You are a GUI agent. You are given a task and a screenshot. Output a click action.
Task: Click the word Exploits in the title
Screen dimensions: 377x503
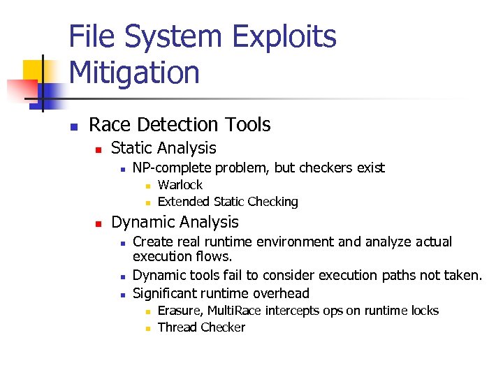point(285,38)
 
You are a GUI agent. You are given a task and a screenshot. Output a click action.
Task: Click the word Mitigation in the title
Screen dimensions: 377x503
point(135,73)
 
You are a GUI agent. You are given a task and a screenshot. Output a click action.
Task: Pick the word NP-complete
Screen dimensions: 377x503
point(172,168)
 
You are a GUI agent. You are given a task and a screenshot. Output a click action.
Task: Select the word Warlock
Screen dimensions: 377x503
point(180,185)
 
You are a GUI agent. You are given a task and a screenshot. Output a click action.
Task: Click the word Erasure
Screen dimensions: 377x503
point(178,311)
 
